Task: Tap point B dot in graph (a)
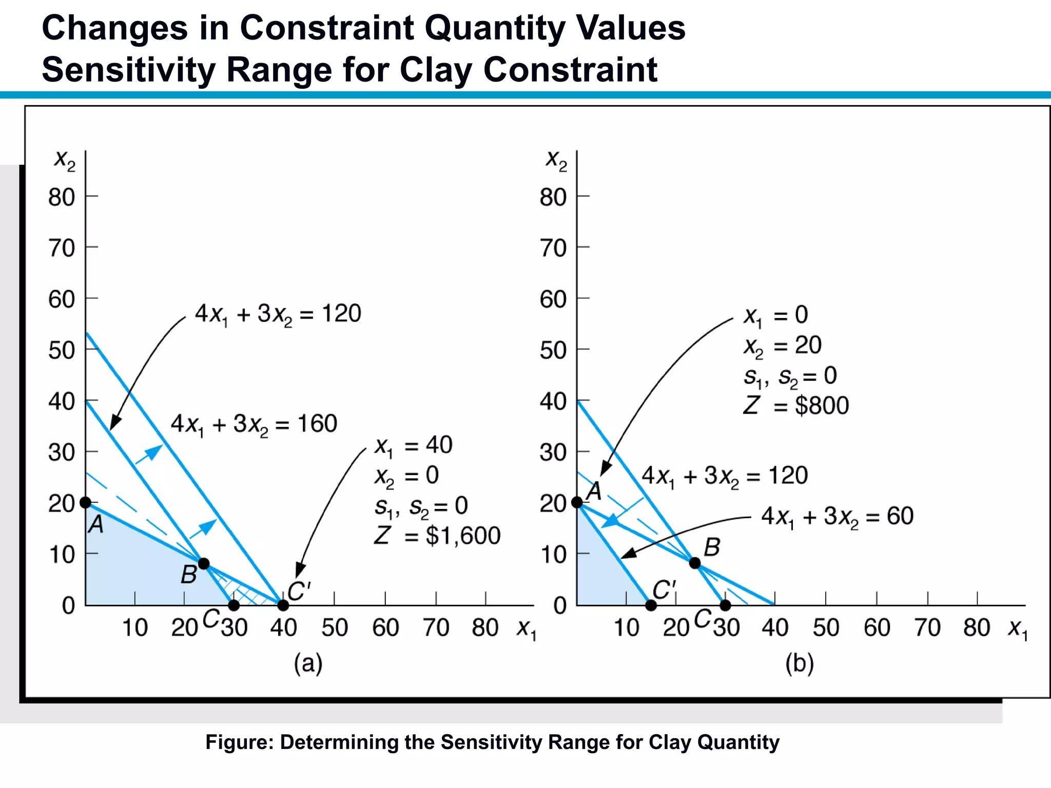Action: pyautogui.click(x=204, y=564)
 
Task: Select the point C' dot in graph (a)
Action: pyautogui.click(x=283, y=605)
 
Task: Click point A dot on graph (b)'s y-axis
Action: pyautogui.click(x=577, y=502)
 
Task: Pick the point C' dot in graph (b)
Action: pyautogui.click(x=651, y=605)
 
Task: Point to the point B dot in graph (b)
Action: pyautogui.click(x=695, y=563)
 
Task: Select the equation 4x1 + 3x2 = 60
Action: pyautogui.click(x=837, y=517)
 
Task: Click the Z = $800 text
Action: pyautogui.click(x=796, y=406)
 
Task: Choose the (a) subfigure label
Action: pyautogui.click(x=308, y=663)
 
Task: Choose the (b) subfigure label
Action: pyautogui.click(x=799, y=663)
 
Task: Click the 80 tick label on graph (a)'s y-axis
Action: pyautogui.click(x=62, y=198)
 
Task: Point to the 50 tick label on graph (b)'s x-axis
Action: pyautogui.click(x=825, y=628)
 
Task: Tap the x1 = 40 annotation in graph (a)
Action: pyautogui.click(x=413, y=445)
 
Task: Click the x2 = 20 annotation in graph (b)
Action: pyautogui.click(x=783, y=346)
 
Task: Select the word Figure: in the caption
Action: pyautogui.click(x=239, y=742)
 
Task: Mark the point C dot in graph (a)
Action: pyautogui.click(x=233, y=605)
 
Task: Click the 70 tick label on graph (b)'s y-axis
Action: pyautogui.click(x=553, y=248)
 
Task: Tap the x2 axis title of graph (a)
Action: pyautogui.click(x=65, y=160)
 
